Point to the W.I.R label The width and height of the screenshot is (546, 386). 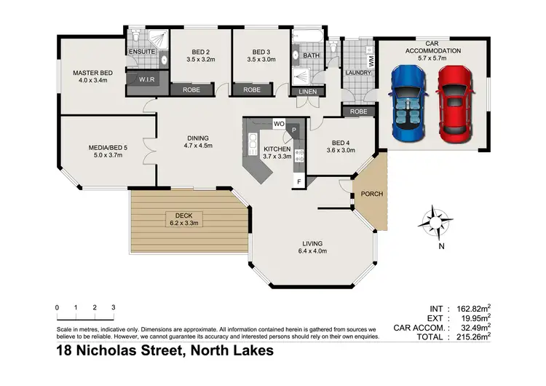pyautogui.click(x=148, y=79)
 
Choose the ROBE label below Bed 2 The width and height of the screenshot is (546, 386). pyautogui.click(x=192, y=90)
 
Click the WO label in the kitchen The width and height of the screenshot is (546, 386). pyautogui.click(x=279, y=124)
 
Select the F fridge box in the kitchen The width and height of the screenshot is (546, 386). pyautogui.click(x=298, y=181)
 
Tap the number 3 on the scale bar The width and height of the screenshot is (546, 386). pyautogui.click(x=114, y=307)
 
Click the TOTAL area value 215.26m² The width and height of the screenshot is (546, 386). pyautogui.click(x=470, y=336)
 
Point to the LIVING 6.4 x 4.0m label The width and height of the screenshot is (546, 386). pyautogui.click(x=312, y=247)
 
